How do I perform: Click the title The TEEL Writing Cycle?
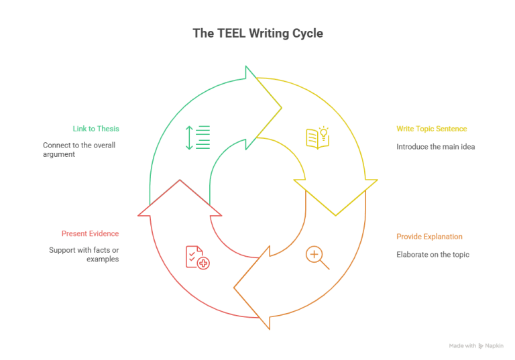(257, 33)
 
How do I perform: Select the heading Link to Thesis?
(96, 128)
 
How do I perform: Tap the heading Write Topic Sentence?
(431, 128)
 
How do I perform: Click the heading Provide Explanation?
(429, 237)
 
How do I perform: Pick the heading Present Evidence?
(91, 234)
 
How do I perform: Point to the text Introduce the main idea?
(435, 146)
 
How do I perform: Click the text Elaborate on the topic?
(433, 255)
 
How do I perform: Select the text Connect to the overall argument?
(79, 149)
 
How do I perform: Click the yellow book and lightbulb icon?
(317, 137)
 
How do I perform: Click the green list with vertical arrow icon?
(198, 137)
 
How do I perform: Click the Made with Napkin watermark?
(476, 346)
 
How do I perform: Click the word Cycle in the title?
(306, 33)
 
